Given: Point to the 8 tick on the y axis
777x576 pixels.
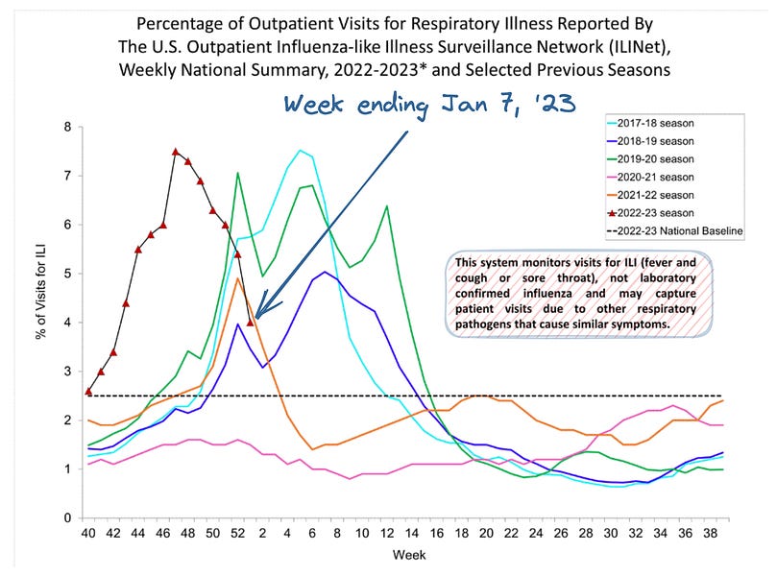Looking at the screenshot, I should (66, 127).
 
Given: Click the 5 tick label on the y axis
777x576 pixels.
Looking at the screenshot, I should (66, 274).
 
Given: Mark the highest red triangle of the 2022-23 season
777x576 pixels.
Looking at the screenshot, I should (176, 152).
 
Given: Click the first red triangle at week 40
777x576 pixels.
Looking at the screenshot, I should (88, 392).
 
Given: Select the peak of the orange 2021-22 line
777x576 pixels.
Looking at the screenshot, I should (237, 279).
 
